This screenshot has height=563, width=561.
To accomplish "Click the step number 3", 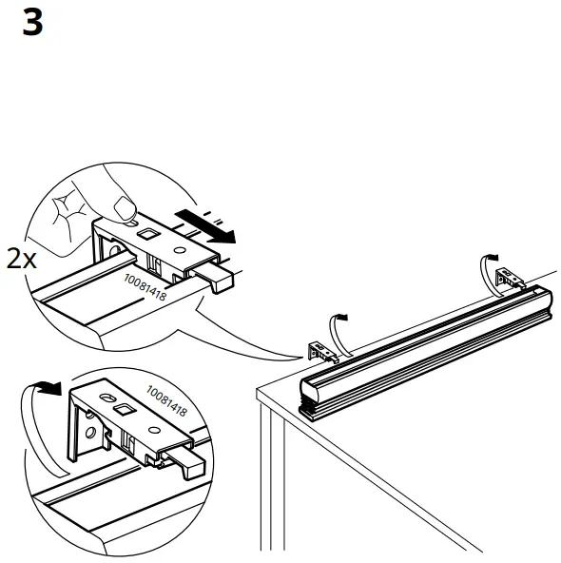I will click(x=31, y=23).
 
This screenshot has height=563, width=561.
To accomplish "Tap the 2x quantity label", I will click(x=21, y=259).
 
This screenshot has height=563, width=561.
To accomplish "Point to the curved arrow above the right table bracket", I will click(x=490, y=261).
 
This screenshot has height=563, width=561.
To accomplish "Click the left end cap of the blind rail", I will click(x=314, y=391).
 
